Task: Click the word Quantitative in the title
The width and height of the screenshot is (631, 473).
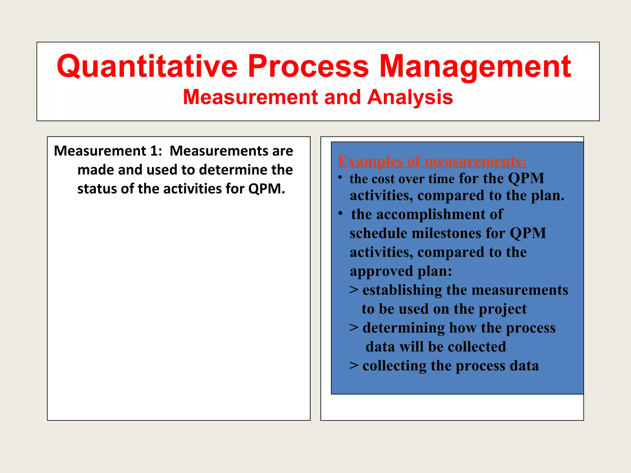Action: (x=147, y=67)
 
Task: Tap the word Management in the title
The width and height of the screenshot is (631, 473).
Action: (x=475, y=67)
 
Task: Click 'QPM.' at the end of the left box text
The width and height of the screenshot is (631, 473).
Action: (x=267, y=189)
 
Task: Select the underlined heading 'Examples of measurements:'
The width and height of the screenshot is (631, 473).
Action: (x=432, y=161)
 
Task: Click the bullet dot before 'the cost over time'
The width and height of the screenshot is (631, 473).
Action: (x=340, y=177)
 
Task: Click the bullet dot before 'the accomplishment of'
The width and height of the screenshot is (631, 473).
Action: (x=340, y=213)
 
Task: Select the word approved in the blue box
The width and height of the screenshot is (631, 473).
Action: (x=381, y=271)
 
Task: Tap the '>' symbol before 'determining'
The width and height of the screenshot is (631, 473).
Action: (x=354, y=327)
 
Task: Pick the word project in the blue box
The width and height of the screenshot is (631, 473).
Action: (x=503, y=309)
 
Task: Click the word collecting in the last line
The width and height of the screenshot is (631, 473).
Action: (x=394, y=366)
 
